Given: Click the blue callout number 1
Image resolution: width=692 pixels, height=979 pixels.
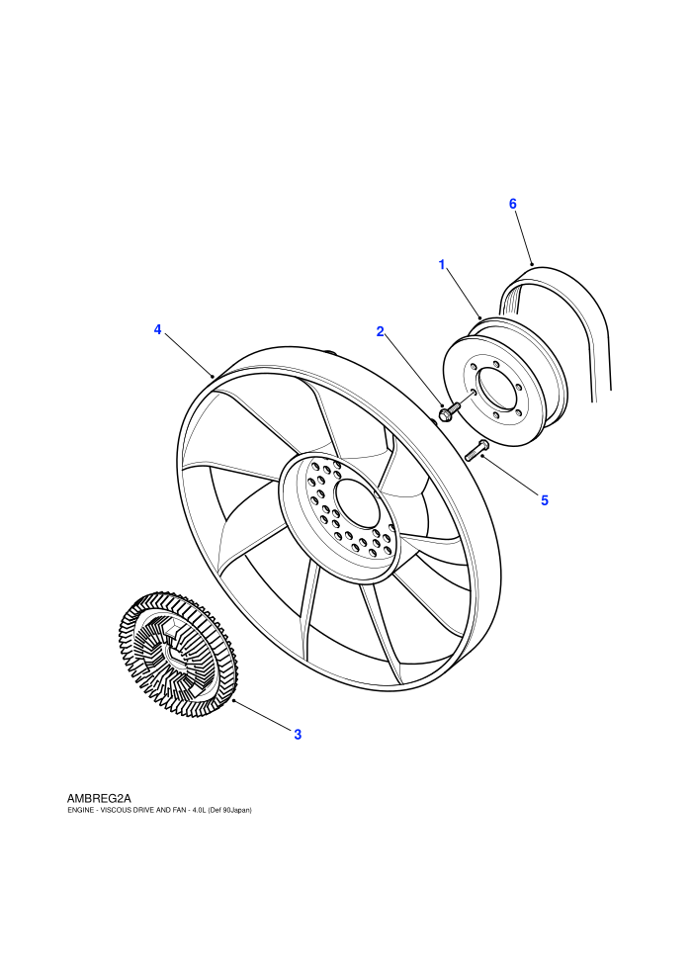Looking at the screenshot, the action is (442, 265).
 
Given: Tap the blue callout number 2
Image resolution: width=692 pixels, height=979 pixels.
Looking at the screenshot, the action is (380, 331).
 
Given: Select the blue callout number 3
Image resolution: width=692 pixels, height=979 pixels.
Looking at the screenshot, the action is (298, 735).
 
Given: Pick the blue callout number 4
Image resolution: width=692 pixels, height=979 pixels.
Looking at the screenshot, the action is (158, 329).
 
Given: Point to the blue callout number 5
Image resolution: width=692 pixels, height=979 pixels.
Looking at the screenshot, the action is (545, 500).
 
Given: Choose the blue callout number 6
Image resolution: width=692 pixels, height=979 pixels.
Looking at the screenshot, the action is (513, 204).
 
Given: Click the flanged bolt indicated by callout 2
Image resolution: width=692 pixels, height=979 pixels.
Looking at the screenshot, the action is (449, 411).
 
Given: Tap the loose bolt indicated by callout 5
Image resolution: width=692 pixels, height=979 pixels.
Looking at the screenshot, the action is (476, 449).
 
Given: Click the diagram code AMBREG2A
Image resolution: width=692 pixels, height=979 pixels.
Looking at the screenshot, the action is (99, 797).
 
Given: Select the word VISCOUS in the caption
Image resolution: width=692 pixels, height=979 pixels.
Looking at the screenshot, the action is (112, 810).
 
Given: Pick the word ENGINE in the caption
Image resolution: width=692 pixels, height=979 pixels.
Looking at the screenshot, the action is (79, 810).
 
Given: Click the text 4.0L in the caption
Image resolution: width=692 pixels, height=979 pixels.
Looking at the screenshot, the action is (200, 810).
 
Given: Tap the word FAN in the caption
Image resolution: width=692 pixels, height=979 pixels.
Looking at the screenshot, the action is (180, 810).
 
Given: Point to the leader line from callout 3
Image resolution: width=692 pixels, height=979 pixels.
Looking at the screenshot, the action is (262, 714).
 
